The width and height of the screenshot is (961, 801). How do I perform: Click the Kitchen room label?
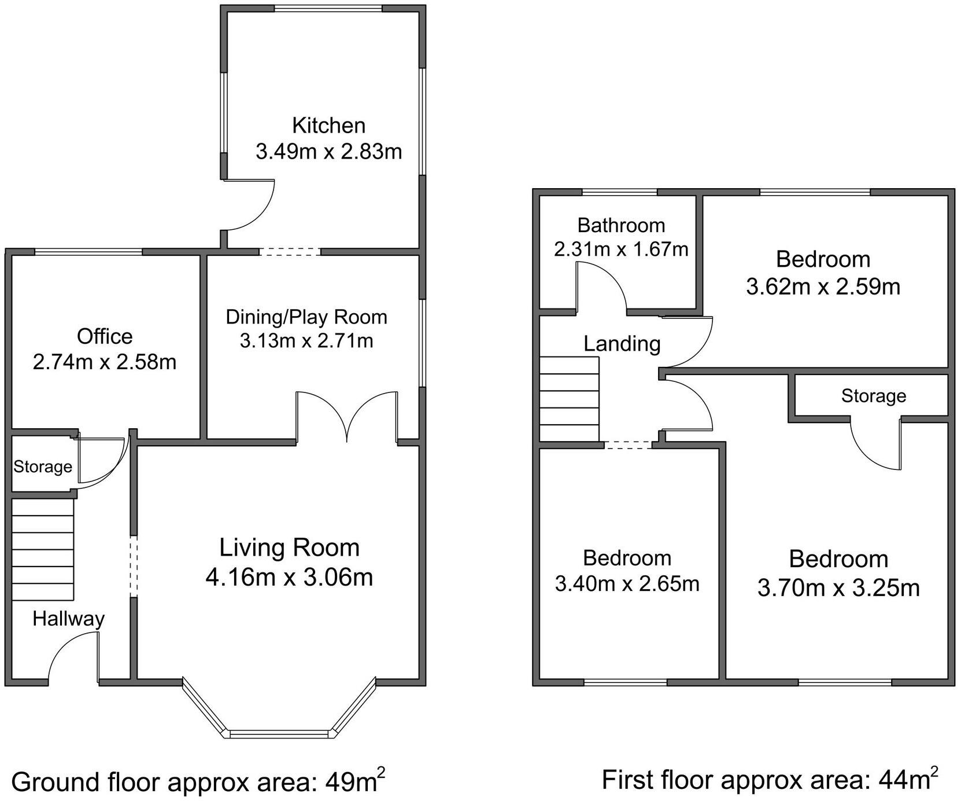pos(328,125)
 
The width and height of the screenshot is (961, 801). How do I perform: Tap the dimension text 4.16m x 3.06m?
pos(289,577)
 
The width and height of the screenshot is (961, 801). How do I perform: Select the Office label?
pos(105,336)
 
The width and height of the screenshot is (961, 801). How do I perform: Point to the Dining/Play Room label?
pos(306,317)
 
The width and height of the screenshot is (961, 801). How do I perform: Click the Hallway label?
pos(68,619)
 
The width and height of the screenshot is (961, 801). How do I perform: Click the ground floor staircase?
pos(43,549)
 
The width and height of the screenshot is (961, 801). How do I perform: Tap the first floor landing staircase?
pos(569,399)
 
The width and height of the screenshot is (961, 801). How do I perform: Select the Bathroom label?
pos(621,225)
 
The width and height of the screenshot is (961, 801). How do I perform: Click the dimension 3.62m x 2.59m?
pos(823,286)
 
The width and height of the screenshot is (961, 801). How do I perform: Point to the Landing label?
pos(622,344)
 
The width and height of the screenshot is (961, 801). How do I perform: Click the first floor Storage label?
pos(873,396)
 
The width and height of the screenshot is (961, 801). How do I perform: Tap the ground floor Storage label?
pos(43,466)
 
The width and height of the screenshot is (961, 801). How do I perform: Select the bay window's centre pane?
pos(279,734)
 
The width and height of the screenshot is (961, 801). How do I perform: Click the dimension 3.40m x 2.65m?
pos(627,583)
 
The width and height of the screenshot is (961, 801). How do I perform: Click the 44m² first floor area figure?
pos(908,779)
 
